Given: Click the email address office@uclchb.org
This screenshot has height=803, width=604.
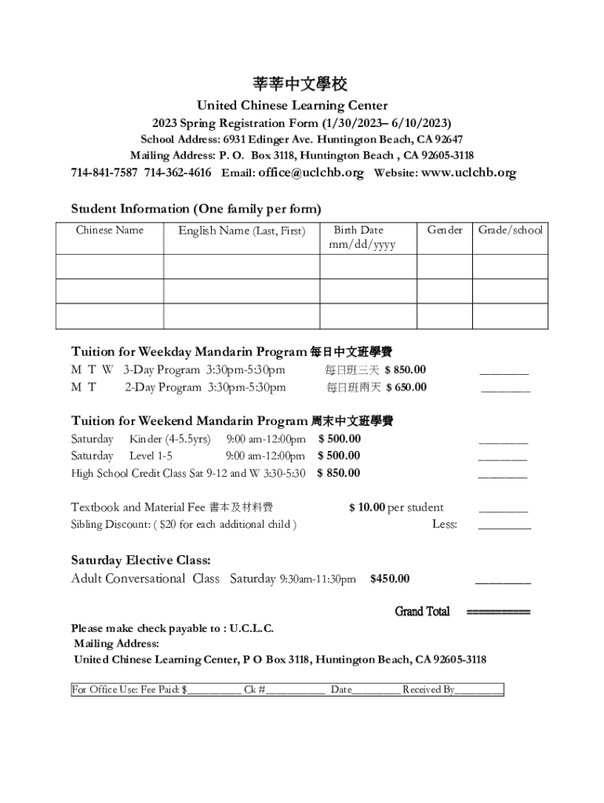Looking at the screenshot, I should coord(311,173).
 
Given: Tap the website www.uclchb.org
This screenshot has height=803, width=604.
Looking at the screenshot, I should coord(468,173).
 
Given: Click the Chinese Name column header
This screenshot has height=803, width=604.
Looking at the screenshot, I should coord(110,230).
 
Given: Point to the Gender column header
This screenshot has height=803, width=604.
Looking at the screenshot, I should coord(445,230).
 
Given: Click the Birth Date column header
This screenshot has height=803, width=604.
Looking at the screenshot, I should coord(358,230).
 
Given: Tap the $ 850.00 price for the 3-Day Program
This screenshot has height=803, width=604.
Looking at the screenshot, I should coord(406,369).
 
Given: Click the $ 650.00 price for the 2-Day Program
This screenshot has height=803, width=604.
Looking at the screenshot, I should coord(406,387).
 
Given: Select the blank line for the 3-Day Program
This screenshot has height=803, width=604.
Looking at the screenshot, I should coord(504,374).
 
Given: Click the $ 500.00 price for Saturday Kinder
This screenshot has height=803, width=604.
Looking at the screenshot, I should coord(340,438).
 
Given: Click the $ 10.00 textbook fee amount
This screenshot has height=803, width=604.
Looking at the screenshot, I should coord(367,507).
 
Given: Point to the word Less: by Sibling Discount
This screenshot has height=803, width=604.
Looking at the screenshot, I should coord(445,524).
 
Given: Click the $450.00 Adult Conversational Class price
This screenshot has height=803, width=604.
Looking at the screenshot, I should coord(390,579).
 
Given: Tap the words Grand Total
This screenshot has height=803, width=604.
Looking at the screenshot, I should coord(422,611).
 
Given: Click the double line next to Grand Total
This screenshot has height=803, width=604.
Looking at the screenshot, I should coord(499,612).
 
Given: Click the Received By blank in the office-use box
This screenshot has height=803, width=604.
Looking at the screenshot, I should coord(478,691).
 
